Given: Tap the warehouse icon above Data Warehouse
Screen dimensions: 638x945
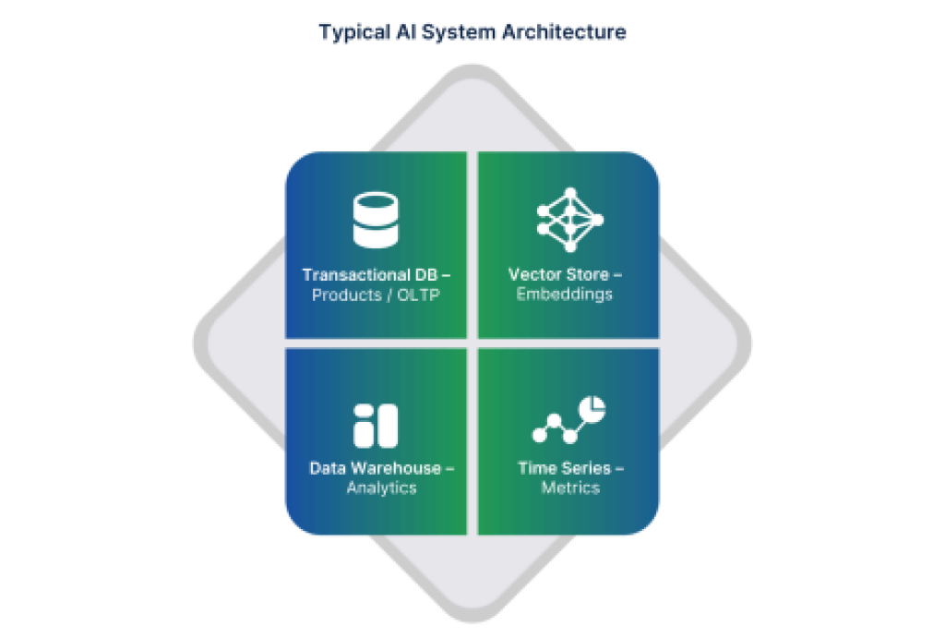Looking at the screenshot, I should click(x=375, y=426).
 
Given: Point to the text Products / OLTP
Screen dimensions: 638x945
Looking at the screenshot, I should click(x=376, y=295).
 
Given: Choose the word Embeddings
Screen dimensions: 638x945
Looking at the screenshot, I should click(x=564, y=295).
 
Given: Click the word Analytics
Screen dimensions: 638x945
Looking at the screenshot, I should click(x=381, y=488).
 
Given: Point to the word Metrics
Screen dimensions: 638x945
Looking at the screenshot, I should click(x=570, y=488).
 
